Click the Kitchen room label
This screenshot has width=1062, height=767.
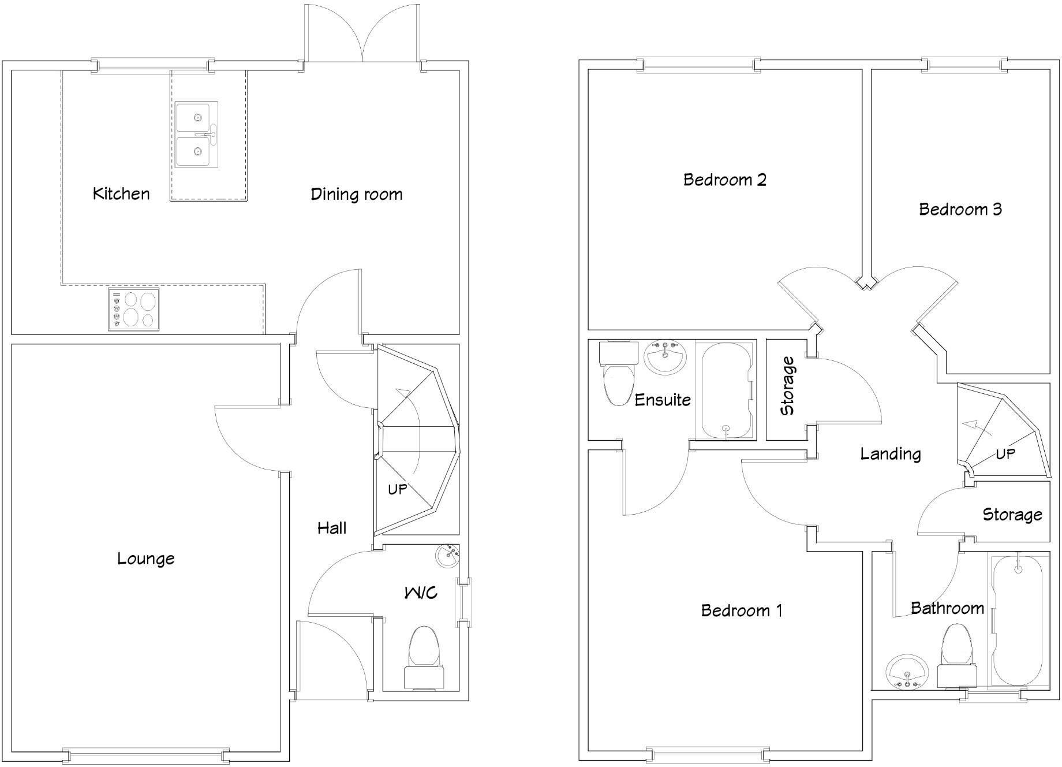(x=121, y=193)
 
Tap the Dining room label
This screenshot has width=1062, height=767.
(x=356, y=194)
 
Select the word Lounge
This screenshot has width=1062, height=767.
(x=145, y=559)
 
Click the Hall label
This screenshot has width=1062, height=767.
(x=332, y=528)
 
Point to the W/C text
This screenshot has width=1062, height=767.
(x=420, y=593)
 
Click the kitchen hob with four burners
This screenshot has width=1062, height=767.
(x=134, y=310)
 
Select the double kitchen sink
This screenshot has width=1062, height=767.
(x=197, y=135)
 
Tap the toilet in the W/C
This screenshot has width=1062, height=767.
(x=424, y=658)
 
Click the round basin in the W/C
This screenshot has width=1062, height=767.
(x=447, y=557)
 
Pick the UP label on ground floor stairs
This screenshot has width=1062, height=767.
(x=397, y=490)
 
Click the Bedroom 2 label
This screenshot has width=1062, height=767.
(x=724, y=180)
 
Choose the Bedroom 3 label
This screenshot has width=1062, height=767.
(x=960, y=209)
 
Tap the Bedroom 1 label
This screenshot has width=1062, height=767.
(x=742, y=610)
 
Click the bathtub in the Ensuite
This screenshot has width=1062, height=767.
(x=726, y=390)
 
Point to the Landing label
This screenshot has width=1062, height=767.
(x=890, y=454)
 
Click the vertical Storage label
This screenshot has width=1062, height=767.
(x=787, y=386)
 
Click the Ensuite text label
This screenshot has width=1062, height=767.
(x=663, y=400)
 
